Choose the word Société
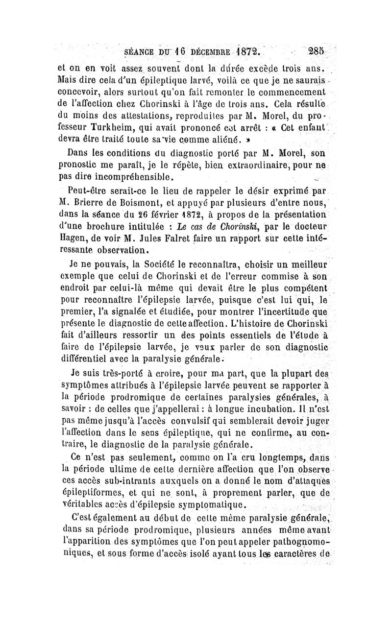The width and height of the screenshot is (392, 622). pyautogui.click(x=147, y=265)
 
